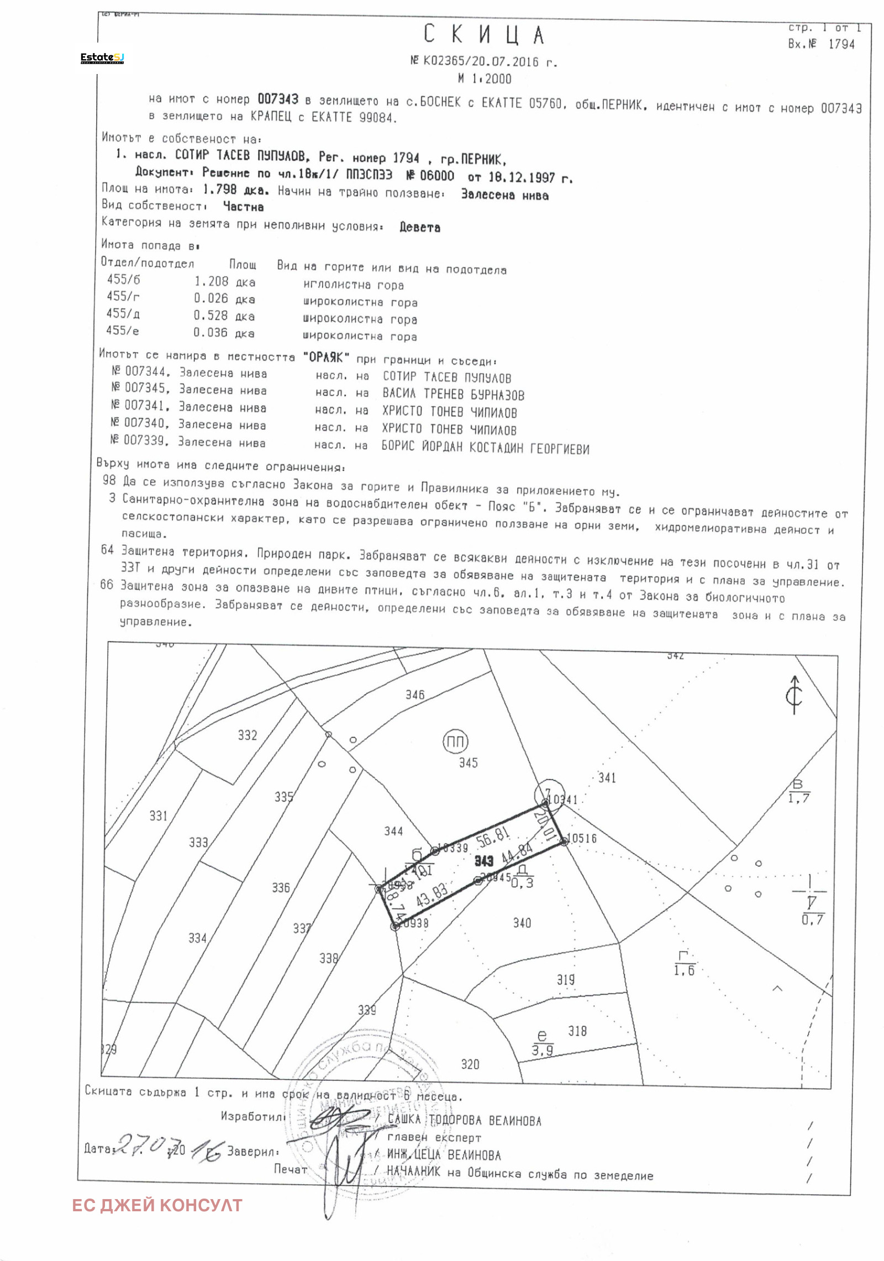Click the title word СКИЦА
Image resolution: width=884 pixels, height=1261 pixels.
click(x=484, y=35)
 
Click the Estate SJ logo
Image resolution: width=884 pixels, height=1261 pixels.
click(x=102, y=58)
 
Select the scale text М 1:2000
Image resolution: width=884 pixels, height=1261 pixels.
click(x=485, y=79)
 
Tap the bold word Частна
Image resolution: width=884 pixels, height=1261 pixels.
click(x=243, y=207)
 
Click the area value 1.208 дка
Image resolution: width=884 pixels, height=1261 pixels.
click(x=224, y=282)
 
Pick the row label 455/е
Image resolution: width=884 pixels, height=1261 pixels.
click(x=122, y=330)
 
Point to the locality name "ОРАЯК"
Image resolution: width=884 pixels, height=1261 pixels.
click(x=326, y=358)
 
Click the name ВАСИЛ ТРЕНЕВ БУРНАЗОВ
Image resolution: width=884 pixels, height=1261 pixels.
click(x=453, y=395)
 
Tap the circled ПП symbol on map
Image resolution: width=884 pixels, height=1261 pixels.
click(x=455, y=742)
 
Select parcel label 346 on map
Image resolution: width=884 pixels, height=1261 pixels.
click(x=415, y=695)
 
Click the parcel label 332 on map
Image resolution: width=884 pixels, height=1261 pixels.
click(x=248, y=735)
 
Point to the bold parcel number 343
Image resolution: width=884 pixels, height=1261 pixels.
click(x=483, y=861)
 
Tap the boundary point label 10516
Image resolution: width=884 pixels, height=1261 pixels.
click(x=582, y=838)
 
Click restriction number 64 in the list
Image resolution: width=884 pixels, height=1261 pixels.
click(x=107, y=550)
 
